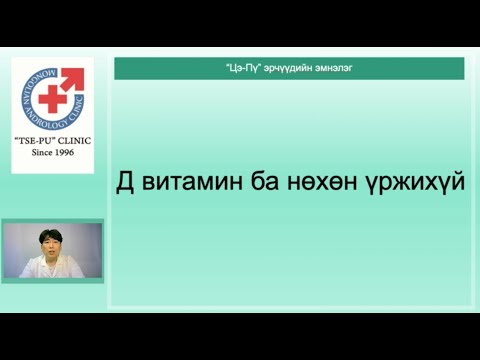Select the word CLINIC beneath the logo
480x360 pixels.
tap(73, 141)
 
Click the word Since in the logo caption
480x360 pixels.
tap(39, 153)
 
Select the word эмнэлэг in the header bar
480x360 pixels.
tap(337, 68)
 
